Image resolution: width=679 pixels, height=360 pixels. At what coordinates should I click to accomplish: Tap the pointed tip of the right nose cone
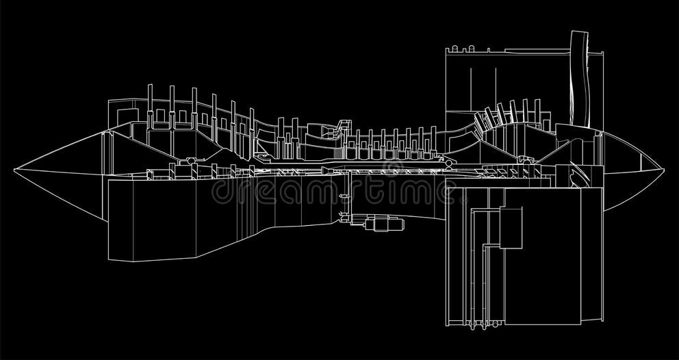click(x=663, y=168)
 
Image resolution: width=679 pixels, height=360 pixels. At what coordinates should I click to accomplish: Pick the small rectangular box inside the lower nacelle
click(x=511, y=226)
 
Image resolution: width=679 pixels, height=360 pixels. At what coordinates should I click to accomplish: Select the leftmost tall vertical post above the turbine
click(x=150, y=103)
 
